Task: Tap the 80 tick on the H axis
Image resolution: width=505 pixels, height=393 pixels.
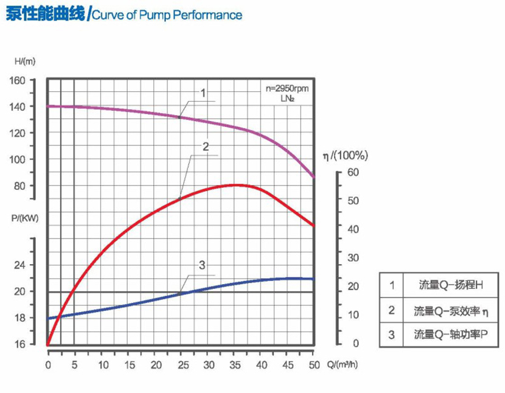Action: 19,186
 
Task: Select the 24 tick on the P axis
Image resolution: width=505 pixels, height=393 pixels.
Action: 19,265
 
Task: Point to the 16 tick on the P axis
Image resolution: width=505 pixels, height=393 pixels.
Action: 19,344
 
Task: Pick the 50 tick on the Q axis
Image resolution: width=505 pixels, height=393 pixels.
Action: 314,365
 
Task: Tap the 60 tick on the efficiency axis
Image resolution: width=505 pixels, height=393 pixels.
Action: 352,172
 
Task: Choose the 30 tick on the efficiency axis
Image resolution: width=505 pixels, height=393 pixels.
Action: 352,258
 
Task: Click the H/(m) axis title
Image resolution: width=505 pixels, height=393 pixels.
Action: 26,61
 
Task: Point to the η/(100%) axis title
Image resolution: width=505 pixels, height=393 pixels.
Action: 344,155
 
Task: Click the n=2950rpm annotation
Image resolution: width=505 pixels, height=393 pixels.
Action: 287,88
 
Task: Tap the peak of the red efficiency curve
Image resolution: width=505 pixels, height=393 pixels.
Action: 235,184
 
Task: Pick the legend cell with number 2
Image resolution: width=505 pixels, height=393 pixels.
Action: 392,310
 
